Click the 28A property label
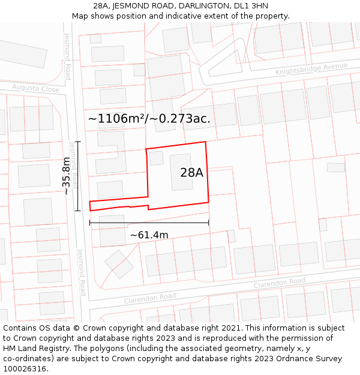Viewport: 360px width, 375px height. point(191,173)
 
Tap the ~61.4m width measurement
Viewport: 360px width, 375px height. point(149,235)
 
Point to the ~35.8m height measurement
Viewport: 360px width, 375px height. point(66,176)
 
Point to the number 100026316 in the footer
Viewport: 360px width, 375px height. point(25,368)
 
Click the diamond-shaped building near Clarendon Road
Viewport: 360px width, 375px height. point(119,264)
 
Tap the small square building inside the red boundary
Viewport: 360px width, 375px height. point(157,158)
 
